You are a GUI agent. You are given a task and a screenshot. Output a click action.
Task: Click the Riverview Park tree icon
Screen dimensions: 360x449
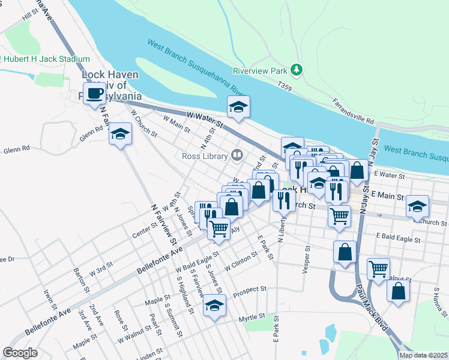(296, 70)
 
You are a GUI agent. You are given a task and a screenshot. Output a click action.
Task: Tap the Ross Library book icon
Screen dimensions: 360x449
(237, 156)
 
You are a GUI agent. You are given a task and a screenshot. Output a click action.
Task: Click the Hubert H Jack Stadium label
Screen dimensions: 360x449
(47, 59)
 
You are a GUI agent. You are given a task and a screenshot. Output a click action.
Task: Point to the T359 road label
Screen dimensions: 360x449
(285, 87)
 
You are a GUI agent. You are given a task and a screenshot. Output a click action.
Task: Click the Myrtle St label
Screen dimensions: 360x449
(252, 316)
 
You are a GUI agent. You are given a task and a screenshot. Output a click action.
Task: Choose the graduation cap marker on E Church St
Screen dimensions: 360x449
(418, 206)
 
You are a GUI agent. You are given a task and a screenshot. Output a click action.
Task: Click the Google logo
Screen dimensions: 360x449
(20, 353)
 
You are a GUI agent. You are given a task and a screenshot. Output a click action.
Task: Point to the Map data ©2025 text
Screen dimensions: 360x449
(423, 355)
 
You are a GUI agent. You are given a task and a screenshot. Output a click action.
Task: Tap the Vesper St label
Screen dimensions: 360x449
(307, 257)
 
